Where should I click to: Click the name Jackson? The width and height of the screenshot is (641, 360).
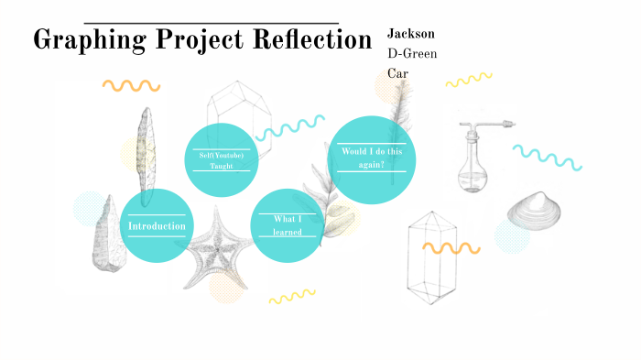[411, 33]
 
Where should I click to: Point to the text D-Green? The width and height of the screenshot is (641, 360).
[412, 53]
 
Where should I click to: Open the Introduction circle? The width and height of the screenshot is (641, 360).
[157, 225]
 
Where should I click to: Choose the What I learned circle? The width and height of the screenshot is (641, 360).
[287, 225]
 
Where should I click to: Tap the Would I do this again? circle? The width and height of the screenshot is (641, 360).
[372, 158]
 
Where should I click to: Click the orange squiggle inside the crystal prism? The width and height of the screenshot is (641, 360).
[451, 247]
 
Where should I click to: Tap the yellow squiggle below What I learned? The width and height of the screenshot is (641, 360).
[291, 296]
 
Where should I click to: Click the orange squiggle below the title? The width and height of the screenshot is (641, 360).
[132, 85]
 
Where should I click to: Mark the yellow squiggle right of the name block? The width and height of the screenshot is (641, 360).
[469, 80]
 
